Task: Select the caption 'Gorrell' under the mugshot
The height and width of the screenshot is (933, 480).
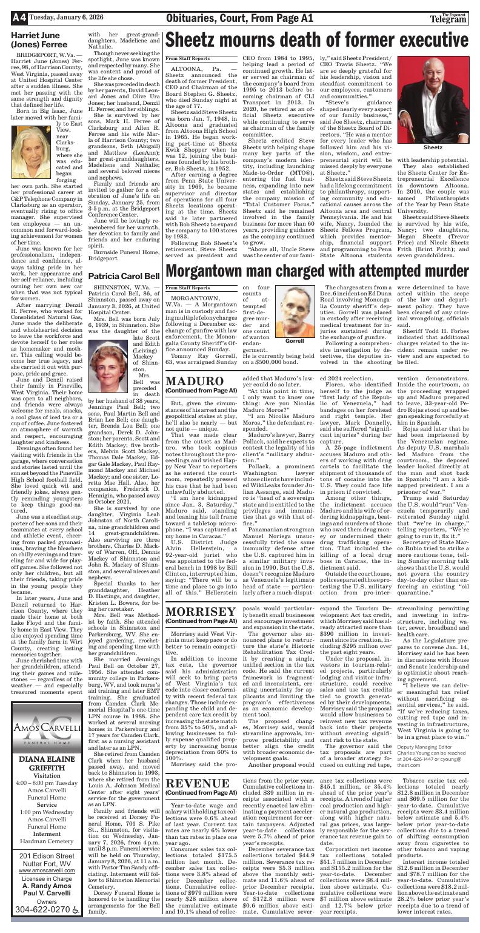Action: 294,342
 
